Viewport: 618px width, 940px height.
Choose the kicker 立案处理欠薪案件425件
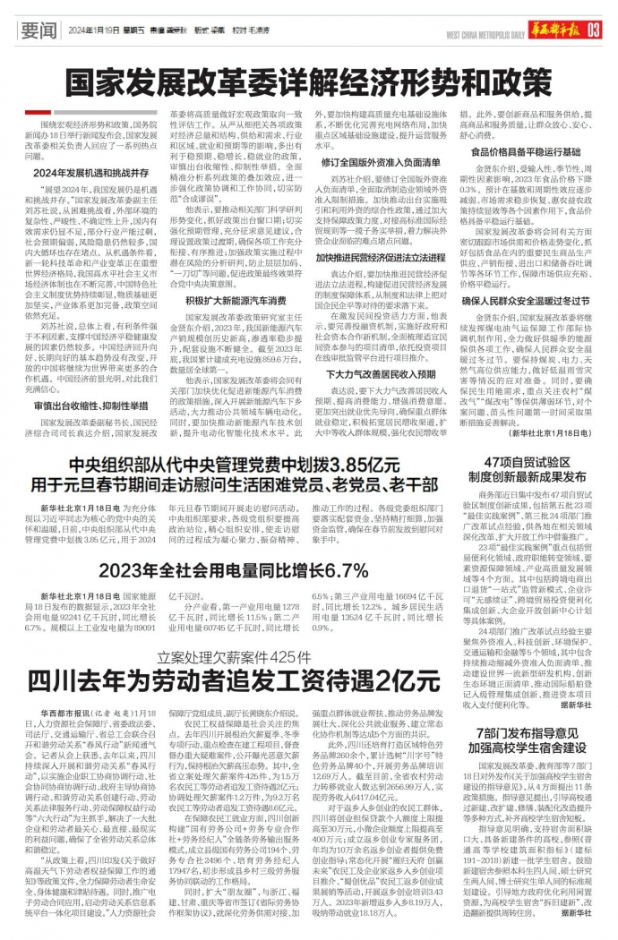[x=234, y=631]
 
